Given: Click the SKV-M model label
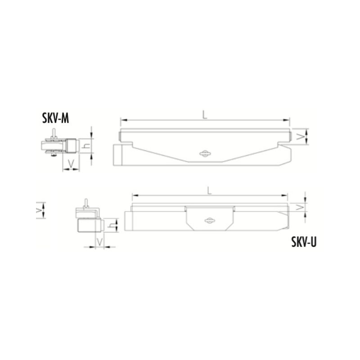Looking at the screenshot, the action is [55, 119].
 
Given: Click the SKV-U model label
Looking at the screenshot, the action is [304, 242].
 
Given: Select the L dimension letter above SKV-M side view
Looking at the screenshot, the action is [205, 115].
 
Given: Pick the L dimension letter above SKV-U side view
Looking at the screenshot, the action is [209, 190].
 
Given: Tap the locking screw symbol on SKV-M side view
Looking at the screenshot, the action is [204, 154].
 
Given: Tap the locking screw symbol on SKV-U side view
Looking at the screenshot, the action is [210, 220].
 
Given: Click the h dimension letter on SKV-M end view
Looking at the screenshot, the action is [86, 145].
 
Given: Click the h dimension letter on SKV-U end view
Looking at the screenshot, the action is [112, 225].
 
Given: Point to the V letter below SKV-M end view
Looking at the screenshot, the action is [71, 163].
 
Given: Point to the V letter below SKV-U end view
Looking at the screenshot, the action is [99, 242].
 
